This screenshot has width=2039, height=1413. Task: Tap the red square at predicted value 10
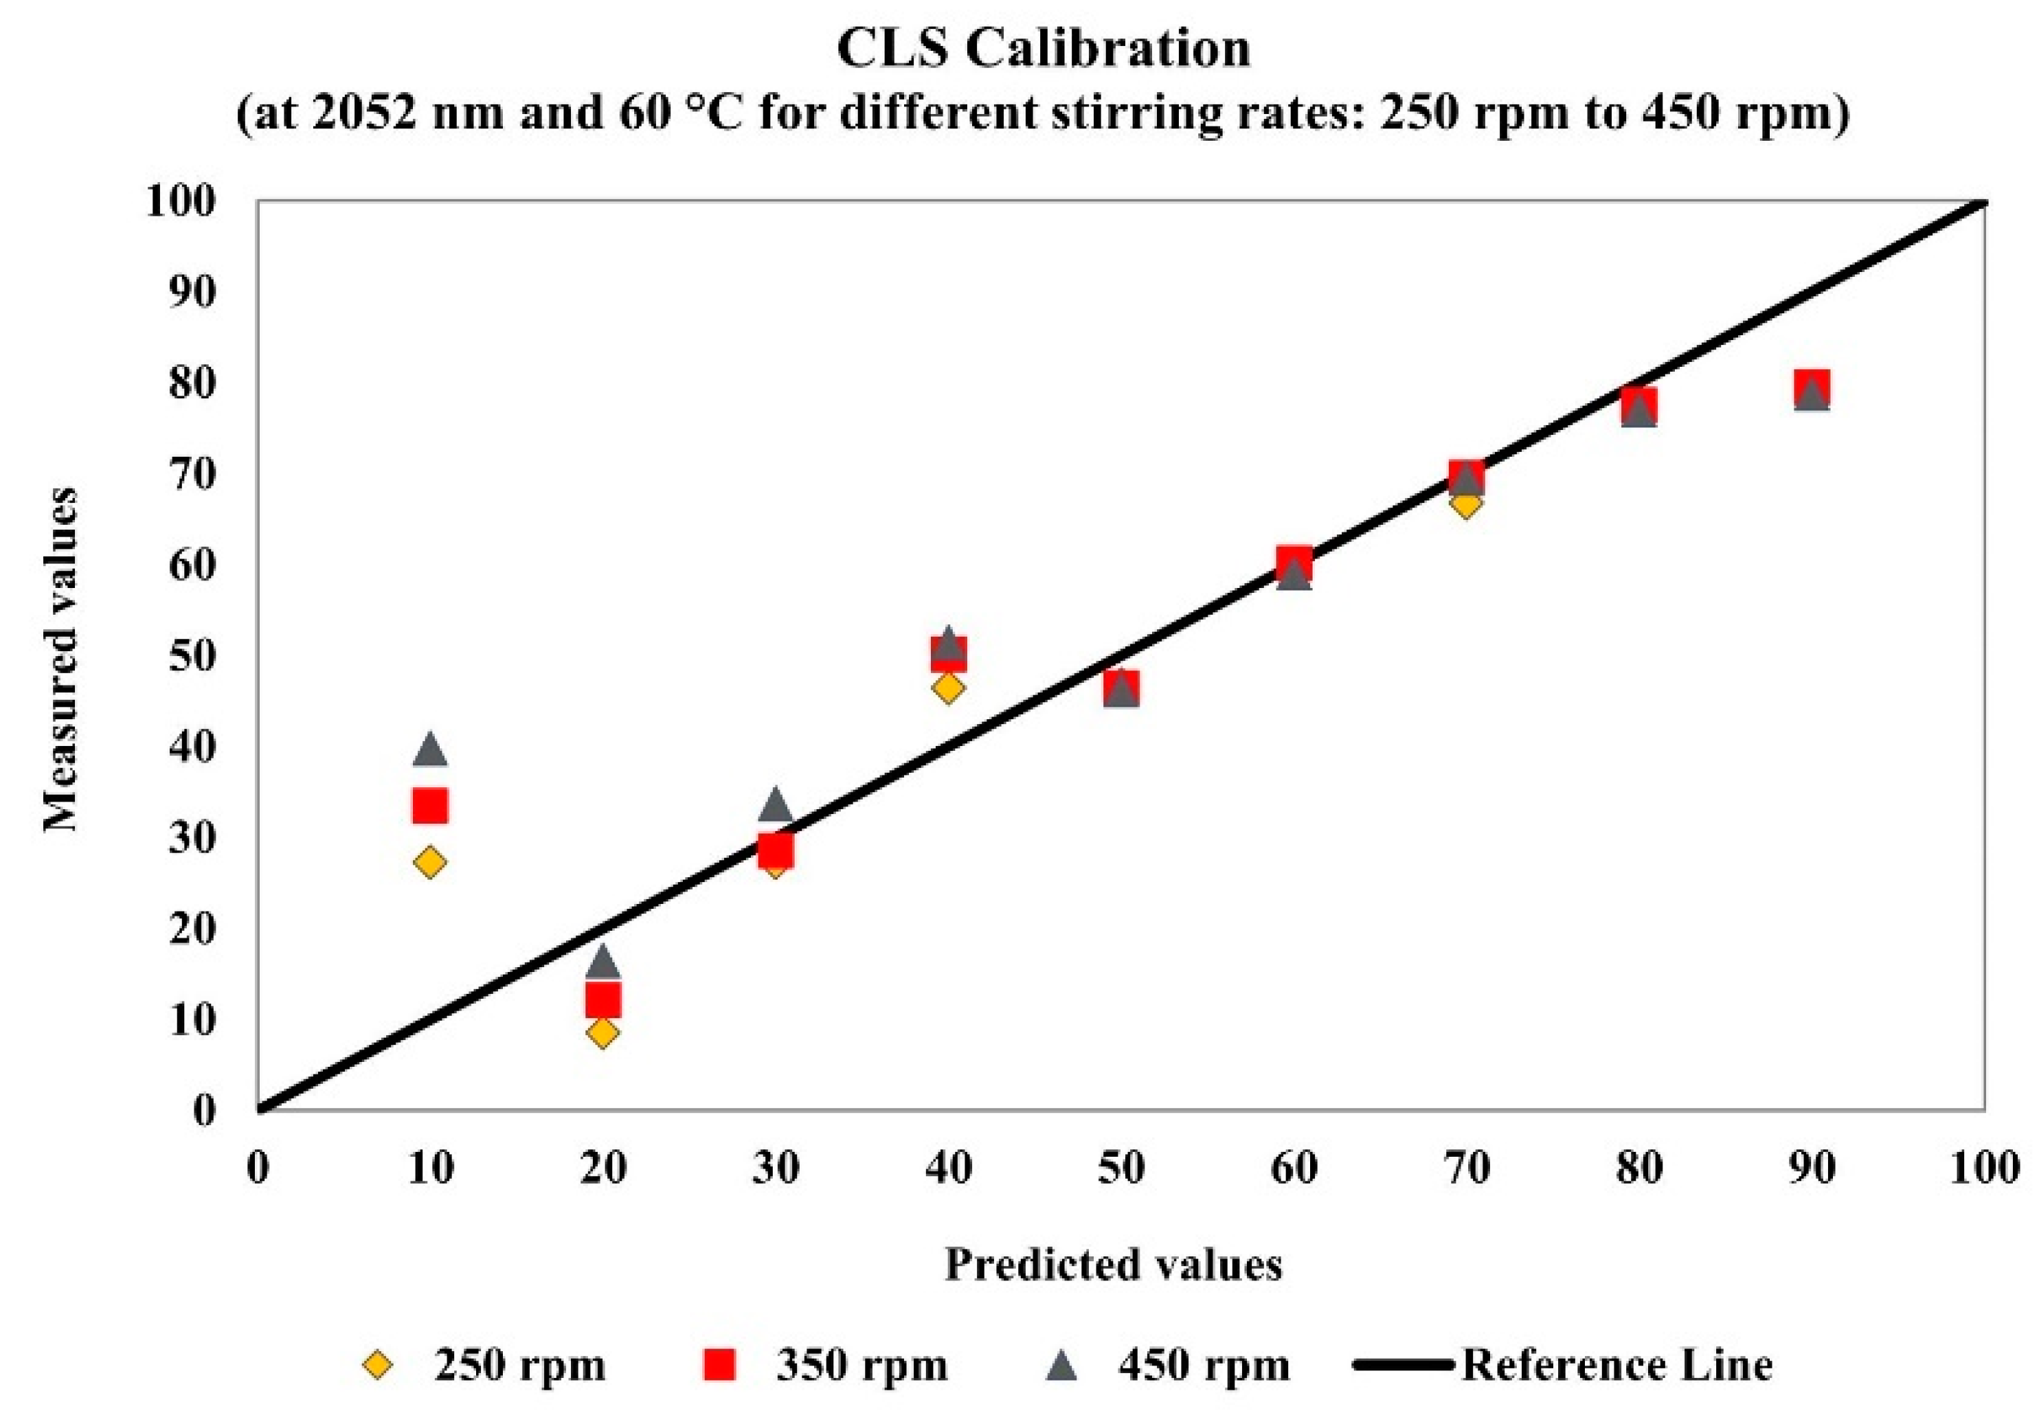click(430, 806)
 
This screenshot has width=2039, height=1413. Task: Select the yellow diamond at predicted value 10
click(430, 862)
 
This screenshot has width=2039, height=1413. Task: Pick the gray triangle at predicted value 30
click(776, 806)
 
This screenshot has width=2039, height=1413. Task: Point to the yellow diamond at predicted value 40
click(948, 688)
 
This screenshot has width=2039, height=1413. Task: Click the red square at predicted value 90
click(1812, 387)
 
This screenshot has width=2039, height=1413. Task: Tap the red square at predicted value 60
click(1294, 562)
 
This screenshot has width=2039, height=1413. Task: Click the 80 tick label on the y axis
click(191, 384)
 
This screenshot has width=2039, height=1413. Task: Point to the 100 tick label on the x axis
click(1983, 1168)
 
